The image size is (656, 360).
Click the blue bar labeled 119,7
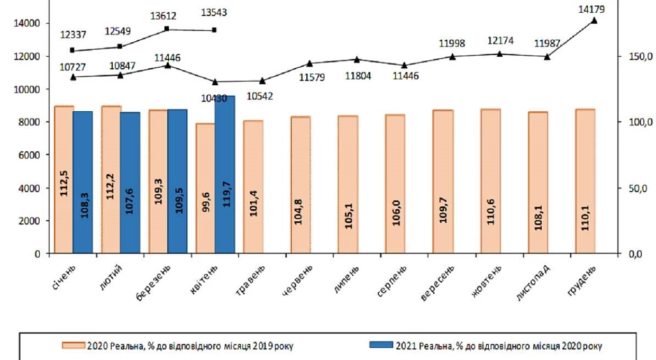[x=225, y=174]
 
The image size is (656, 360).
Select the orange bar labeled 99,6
[x=206, y=188]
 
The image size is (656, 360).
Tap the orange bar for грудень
[x=585, y=181]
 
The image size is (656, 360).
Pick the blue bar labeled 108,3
[x=83, y=182]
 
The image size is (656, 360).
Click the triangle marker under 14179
[x=594, y=21]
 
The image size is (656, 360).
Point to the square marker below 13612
[x=167, y=29]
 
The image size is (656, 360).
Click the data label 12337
[x=73, y=34]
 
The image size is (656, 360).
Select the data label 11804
[x=358, y=76]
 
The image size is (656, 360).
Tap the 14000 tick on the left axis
[x=27, y=23]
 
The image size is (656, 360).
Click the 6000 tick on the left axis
[x=29, y=155]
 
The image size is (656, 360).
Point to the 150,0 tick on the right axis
[x=641, y=56]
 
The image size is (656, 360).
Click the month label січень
[x=63, y=277]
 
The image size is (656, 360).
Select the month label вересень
[x=437, y=283]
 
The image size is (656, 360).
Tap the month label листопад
[x=533, y=283]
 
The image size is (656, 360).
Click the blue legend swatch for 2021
[x=381, y=345]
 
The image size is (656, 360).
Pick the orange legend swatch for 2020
[x=74, y=345]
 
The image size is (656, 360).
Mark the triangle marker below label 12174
[x=499, y=54]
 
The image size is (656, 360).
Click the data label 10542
[x=260, y=96]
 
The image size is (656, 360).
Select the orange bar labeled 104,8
[x=300, y=185]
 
